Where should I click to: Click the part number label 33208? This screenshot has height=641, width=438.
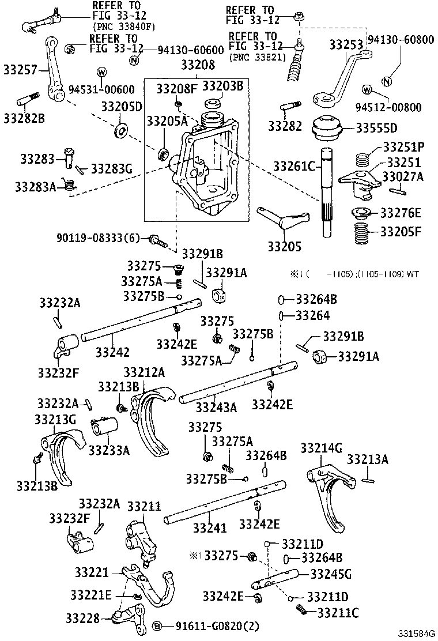[197, 65]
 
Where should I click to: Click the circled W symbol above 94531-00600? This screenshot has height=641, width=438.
[101, 71]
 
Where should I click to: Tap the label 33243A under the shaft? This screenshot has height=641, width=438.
[216, 408]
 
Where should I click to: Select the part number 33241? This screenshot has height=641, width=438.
[208, 527]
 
